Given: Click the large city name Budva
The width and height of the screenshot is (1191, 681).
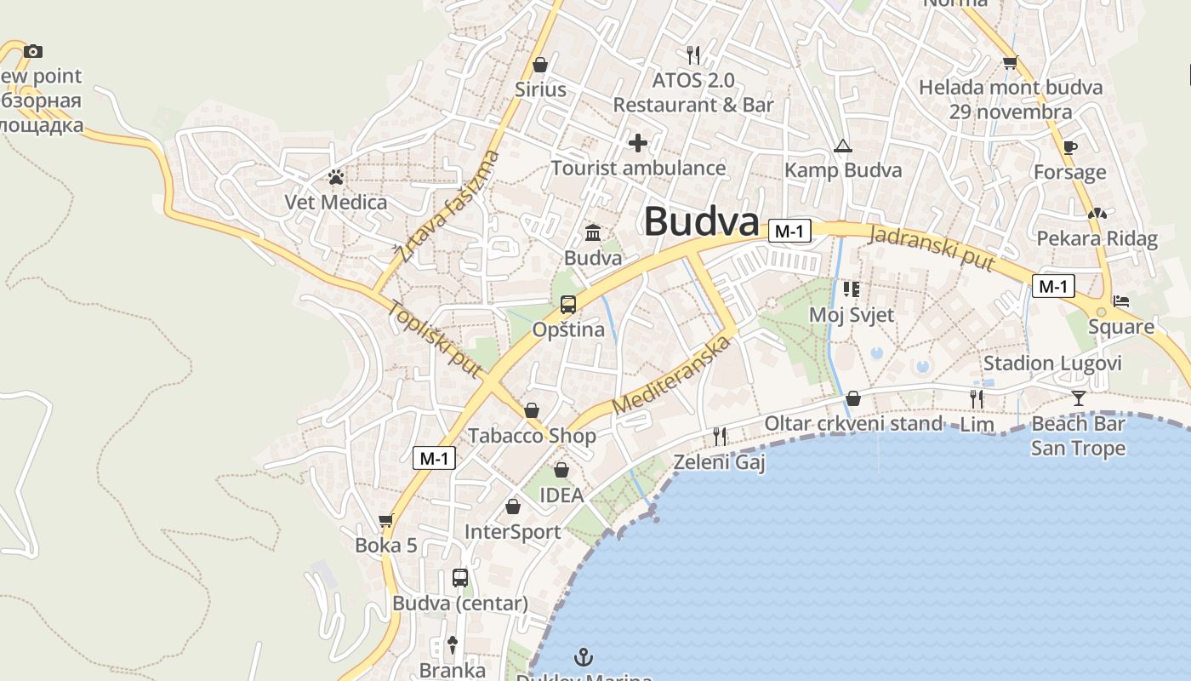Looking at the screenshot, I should point(701,222).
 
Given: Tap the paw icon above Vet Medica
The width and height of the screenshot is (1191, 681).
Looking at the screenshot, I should point(336,177).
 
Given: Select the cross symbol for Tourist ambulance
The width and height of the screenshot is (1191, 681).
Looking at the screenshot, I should point(637,143).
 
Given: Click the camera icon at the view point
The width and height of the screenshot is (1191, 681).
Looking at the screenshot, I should point(33,51).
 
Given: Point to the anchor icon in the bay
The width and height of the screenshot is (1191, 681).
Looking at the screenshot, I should point(584,656).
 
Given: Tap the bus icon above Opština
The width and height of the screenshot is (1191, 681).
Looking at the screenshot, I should point(567,305).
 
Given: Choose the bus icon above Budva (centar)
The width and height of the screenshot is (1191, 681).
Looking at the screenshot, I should point(460,578).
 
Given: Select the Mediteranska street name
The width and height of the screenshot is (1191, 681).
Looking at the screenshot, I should point(671,375).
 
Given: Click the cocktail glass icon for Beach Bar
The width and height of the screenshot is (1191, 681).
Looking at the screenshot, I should point(1079,398).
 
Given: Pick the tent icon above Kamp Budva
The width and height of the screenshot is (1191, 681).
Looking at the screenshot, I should point(842,146).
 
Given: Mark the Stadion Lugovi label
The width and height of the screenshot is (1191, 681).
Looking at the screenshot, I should point(1052,363).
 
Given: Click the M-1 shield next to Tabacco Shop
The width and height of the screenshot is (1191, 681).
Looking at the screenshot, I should point(434,459).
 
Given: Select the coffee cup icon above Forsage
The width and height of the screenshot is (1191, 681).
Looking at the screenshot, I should point(1069,147).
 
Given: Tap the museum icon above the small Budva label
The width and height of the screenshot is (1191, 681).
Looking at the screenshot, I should point(593,232).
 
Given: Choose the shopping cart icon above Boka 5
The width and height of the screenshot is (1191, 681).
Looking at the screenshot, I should point(386,520).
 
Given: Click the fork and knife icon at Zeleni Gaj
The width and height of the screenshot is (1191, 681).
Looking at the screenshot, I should point(720,437).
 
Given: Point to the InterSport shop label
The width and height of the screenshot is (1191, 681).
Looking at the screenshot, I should point(512,532).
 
